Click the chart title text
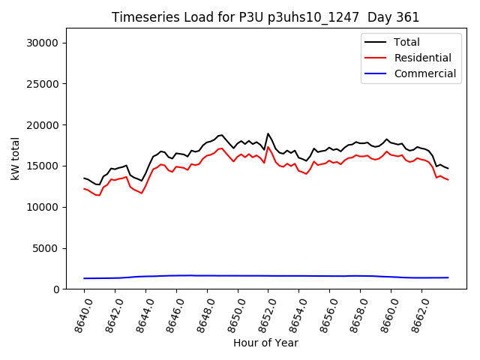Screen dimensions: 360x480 coord(265,17)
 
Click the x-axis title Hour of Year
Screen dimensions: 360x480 coord(265,343)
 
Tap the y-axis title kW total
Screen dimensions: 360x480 coord(14,159)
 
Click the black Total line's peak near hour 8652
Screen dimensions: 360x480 coord(268,134)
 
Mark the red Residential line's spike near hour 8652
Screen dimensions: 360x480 coord(268,147)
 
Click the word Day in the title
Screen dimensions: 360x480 coord(381,17)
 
